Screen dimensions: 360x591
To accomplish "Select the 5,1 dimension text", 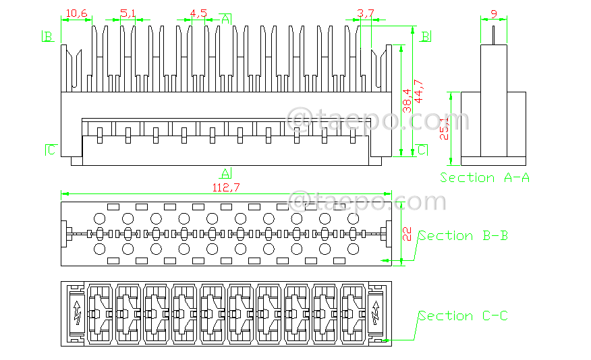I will click(x=128, y=13).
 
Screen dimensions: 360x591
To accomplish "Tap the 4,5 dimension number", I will click(x=199, y=13).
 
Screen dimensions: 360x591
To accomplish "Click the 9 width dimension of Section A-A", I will click(x=494, y=13).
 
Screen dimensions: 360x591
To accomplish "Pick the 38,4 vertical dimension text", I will click(x=407, y=100).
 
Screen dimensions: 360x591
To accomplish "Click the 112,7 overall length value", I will click(x=226, y=188).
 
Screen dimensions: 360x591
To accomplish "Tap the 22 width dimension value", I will click(x=407, y=233).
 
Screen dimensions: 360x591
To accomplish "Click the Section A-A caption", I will click(x=484, y=177).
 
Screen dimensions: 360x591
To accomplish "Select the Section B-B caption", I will click(x=463, y=235).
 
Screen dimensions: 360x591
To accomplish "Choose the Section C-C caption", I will click(x=463, y=316).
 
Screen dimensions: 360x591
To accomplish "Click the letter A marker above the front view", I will click(x=226, y=18).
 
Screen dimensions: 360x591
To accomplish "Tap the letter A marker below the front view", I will click(x=226, y=173).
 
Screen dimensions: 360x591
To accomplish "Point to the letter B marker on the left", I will click(x=48, y=36).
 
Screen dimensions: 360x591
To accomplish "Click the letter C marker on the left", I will click(x=51, y=150).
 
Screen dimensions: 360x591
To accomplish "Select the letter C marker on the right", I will click(x=421, y=150).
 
